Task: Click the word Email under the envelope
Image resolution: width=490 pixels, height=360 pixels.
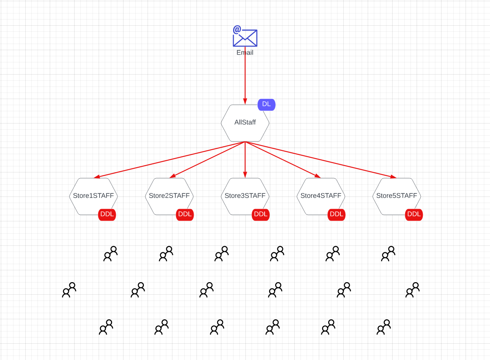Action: [x=245, y=53]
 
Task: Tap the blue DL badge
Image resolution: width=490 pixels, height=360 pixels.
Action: [x=267, y=104]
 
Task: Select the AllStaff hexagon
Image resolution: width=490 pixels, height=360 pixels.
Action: [x=245, y=122]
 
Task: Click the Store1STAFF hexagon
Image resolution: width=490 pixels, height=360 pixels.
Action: [x=93, y=196]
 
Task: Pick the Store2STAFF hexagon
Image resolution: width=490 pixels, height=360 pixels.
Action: [x=169, y=196]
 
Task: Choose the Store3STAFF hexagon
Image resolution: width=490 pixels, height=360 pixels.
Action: [x=245, y=196]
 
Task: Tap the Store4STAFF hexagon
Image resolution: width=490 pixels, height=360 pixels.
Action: [x=321, y=196]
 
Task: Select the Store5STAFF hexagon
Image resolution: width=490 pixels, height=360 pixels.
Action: [x=397, y=196]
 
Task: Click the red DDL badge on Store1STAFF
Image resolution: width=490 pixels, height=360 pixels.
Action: [x=107, y=214]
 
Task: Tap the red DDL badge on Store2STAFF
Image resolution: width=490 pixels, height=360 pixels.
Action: [x=185, y=214]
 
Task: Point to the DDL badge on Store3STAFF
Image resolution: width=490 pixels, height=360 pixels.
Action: [x=260, y=214]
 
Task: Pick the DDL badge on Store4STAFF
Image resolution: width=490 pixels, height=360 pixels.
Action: [x=337, y=214]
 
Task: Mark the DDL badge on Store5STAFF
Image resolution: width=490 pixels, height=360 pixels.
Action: [x=414, y=214]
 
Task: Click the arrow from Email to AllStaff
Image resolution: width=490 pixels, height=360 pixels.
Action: [x=245, y=77]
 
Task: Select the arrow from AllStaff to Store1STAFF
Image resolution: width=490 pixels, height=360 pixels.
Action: [x=169, y=160]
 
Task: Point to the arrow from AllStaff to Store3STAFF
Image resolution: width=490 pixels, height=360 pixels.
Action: [x=245, y=160]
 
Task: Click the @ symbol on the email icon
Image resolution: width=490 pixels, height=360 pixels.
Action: [x=237, y=29]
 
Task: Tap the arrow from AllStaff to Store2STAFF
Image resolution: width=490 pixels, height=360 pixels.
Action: [x=207, y=160]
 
